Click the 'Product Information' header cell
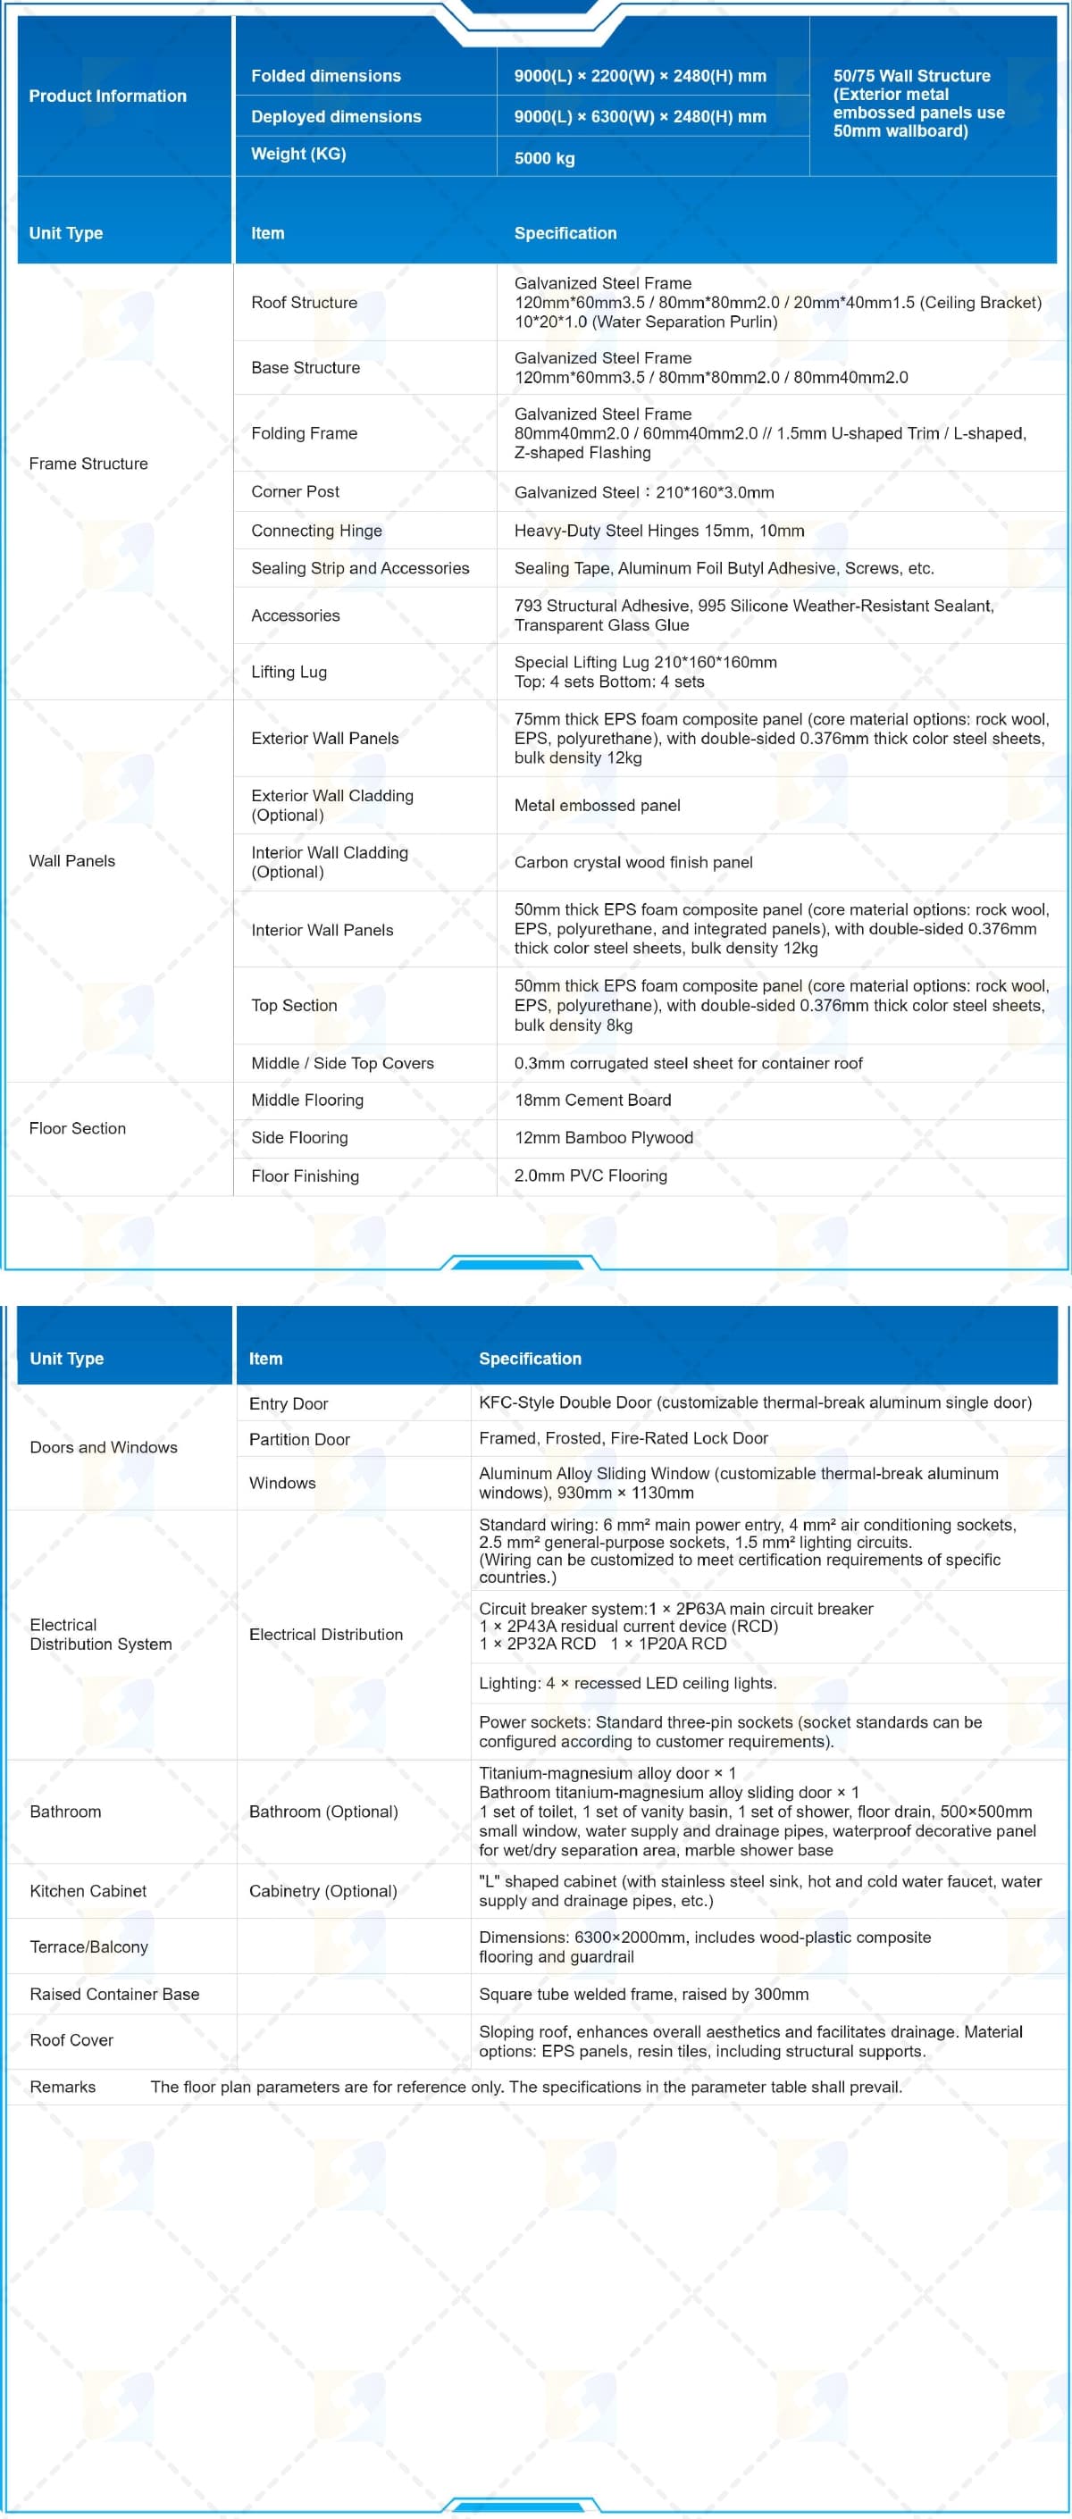107,96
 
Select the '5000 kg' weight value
544,157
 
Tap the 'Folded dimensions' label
326,75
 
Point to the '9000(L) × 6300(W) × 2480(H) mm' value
640,116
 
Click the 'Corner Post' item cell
296,491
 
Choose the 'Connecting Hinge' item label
316,530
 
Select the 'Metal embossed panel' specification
597,805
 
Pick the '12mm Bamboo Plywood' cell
604,1137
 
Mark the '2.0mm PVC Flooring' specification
590,1176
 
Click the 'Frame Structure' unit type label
88,464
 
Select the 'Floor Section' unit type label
77,1127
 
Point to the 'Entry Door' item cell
289,1403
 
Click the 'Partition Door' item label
299,1438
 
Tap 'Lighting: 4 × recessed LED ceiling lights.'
627,1683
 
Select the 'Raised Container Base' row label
114,1994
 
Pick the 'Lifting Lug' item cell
289,672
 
